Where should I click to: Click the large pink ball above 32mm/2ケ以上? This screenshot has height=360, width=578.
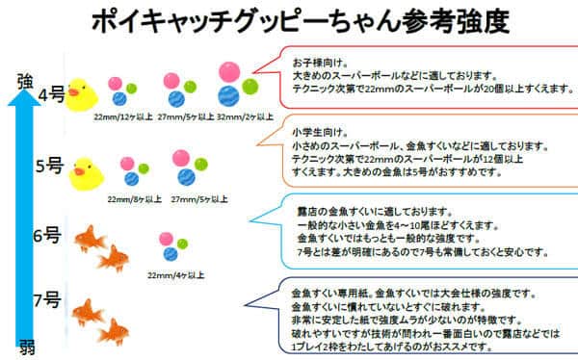pos(229,71)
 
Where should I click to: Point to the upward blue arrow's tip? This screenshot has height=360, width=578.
pos(27,96)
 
